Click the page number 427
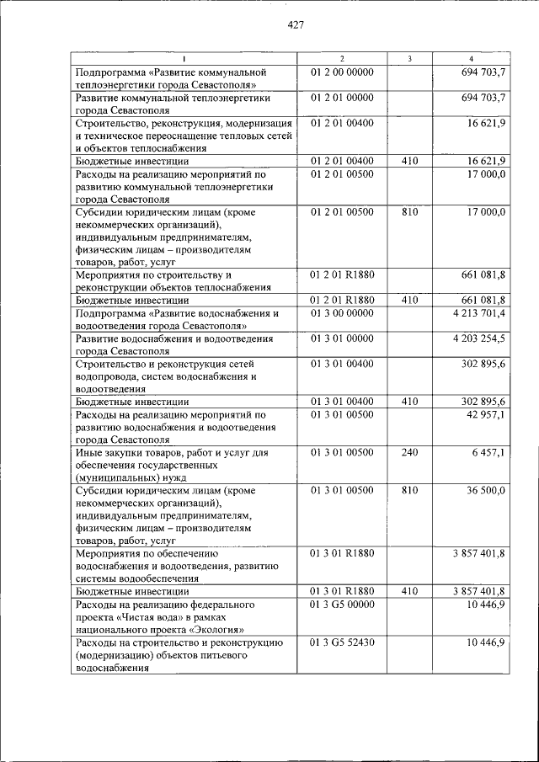(295, 24)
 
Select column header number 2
(342, 58)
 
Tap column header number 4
(471, 58)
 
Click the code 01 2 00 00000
(342, 72)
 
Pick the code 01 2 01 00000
(342, 99)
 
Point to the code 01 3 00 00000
(342, 313)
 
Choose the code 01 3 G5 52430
(342, 642)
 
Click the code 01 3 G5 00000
(342, 605)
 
